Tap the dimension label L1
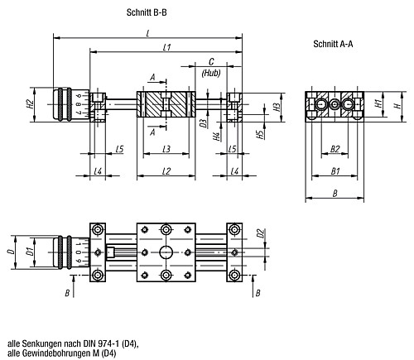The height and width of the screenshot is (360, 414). pyautogui.click(x=166, y=49)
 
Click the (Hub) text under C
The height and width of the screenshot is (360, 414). pyautogui.click(x=210, y=74)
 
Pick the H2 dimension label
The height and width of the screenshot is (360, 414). pyautogui.click(x=30, y=104)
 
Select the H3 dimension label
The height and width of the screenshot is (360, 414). pyautogui.click(x=275, y=108)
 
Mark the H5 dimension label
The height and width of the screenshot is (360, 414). pyautogui.click(x=260, y=132)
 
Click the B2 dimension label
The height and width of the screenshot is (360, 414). pyautogui.click(x=335, y=149)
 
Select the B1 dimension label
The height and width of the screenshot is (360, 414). pyautogui.click(x=336, y=170)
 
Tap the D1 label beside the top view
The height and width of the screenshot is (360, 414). pyautogui.click(x=29, y=250)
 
